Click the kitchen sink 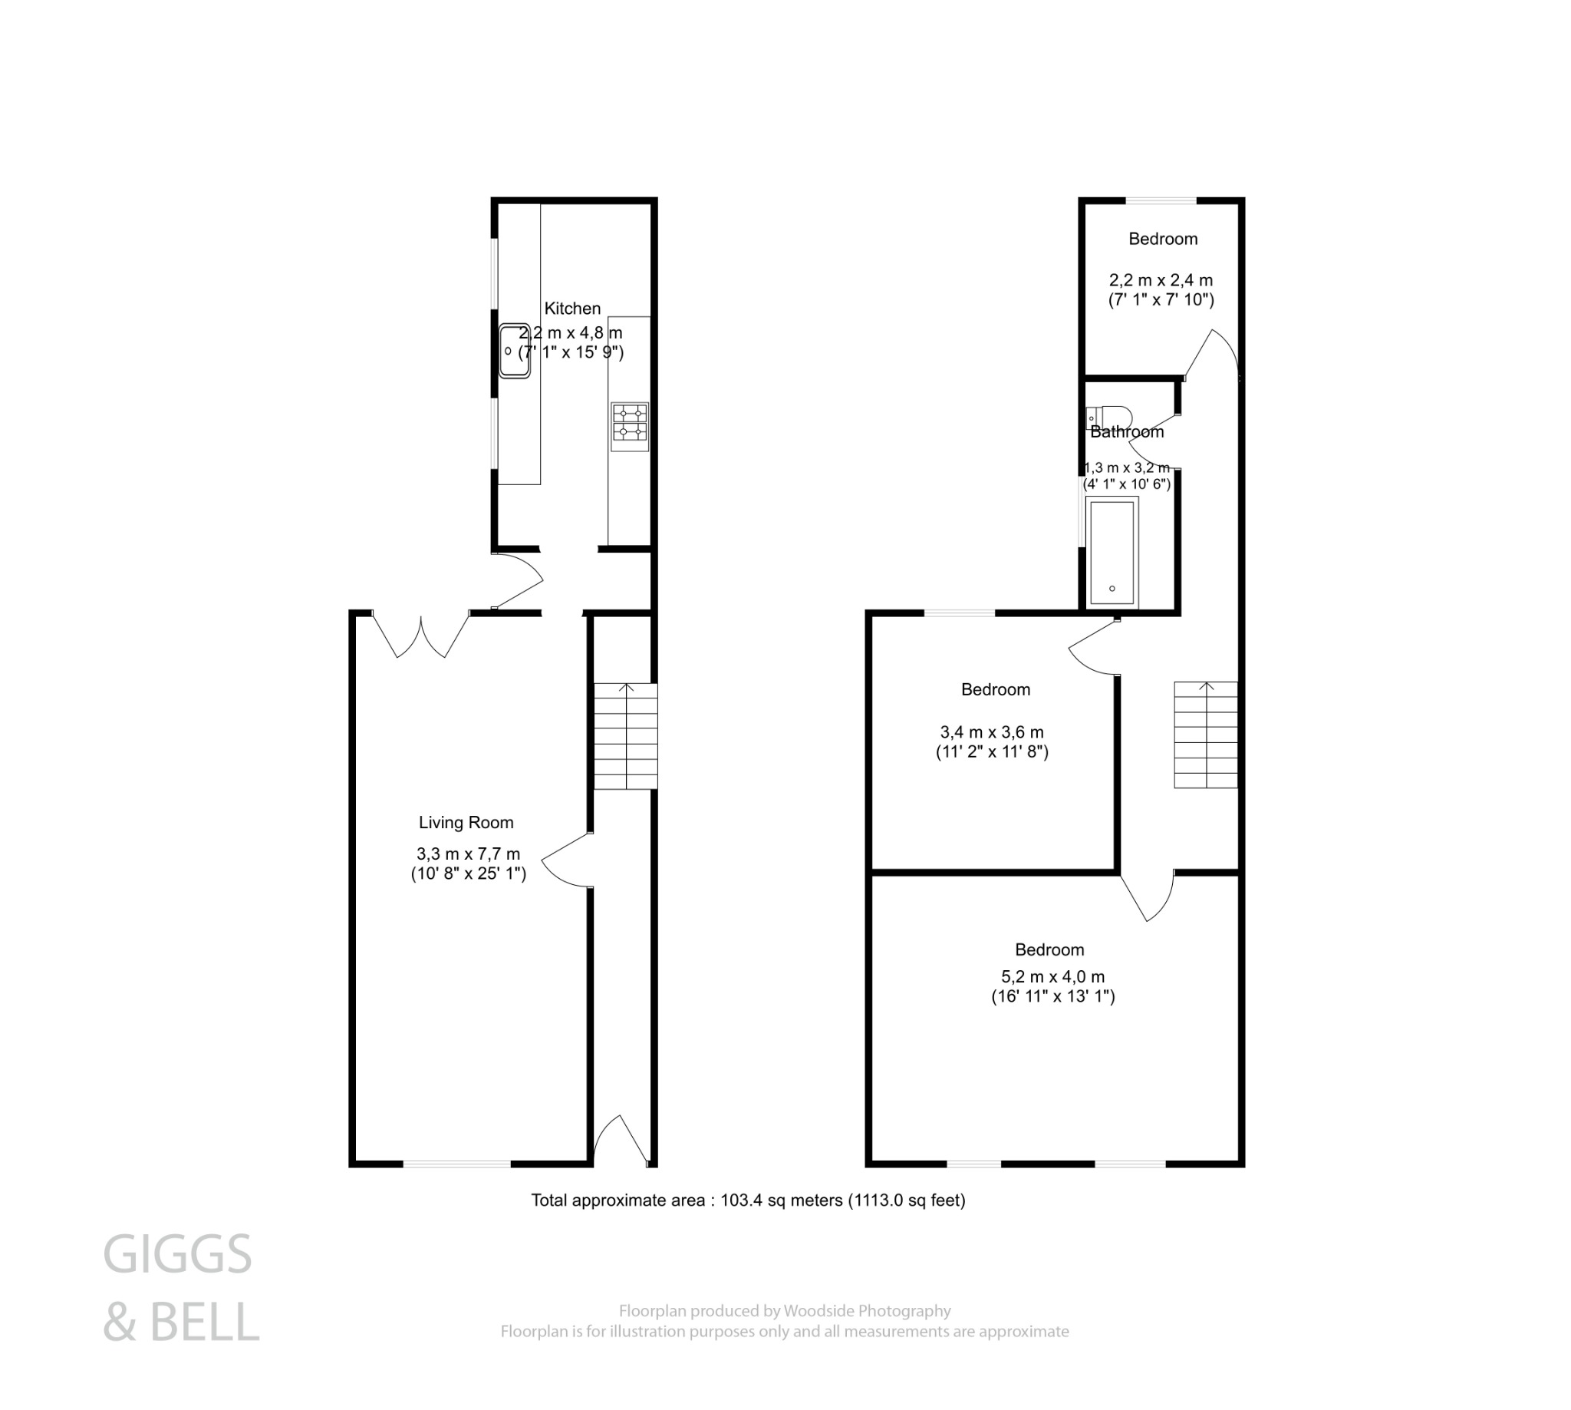point(513,351)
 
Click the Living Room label point(466,823)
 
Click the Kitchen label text point(572,309)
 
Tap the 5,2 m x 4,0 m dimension point(1053,977)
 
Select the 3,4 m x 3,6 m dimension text point(991,732)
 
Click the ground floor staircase point(625,736)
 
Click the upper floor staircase point(1205,735)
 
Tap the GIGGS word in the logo point(177,1254)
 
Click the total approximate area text point(747,1200)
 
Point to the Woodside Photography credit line point(783,1311)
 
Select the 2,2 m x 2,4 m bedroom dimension point(1160,279)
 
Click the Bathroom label point(1126,432)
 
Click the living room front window point(456,1164)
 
